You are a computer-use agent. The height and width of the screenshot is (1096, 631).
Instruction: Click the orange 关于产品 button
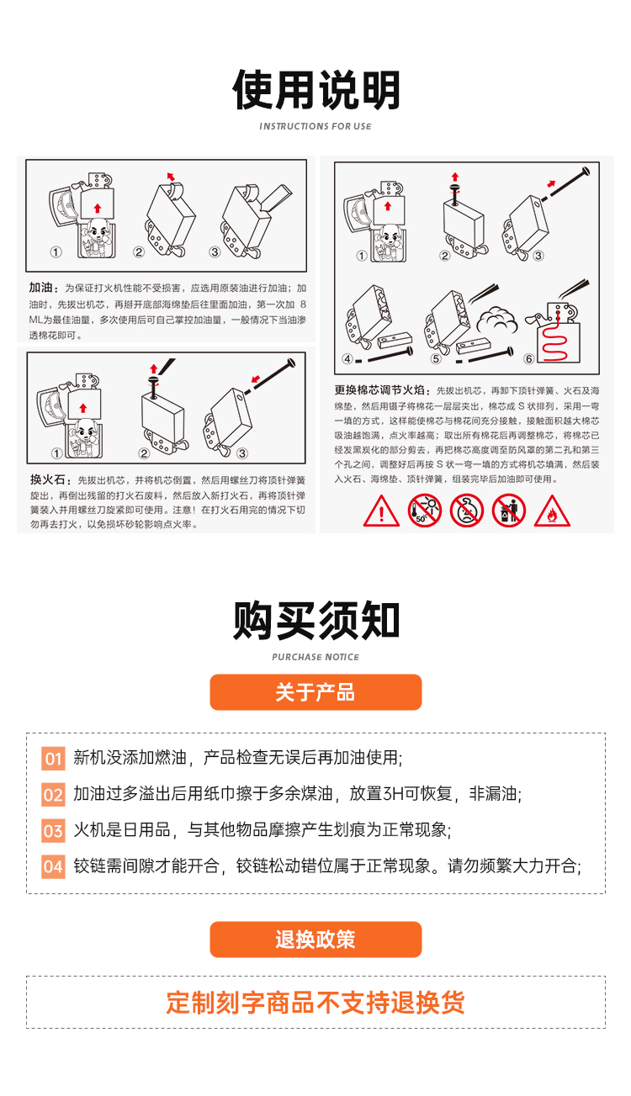tap(315, 692)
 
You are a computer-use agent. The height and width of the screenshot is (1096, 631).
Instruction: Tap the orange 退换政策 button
tap(315, 939)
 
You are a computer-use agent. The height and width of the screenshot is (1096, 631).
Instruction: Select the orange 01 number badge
tap(53, 759)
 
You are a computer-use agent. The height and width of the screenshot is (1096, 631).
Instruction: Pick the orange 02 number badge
tap(53, 795)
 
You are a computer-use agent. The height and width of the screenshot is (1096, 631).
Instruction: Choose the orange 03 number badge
tap(53, 831)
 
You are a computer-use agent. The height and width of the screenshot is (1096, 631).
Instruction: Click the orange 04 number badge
tap(53, 867)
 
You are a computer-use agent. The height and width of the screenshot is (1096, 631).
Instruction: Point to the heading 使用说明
tap(316, 90)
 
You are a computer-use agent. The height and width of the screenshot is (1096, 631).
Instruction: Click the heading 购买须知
tap(316, 621)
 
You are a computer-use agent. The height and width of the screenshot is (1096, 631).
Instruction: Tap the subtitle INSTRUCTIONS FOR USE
tap(315, 126)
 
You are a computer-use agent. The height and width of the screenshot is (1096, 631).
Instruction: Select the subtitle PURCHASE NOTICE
tap(315, 657)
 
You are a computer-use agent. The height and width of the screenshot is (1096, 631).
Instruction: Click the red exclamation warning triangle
tap(381, 511)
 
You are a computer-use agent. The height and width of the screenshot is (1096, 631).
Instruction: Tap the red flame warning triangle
tap(552, 511)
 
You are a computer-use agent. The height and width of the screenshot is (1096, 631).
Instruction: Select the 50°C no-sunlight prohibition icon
tap(424, 511)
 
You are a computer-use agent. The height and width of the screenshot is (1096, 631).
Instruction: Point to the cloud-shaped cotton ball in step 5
tap(496, 320)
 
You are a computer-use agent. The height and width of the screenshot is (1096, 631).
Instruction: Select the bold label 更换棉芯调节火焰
tap(379, 390)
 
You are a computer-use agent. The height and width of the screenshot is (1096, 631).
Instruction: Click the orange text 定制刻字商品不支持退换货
tap(315, 1003)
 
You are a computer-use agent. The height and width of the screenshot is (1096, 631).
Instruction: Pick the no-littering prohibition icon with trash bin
tap(509, 511)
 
